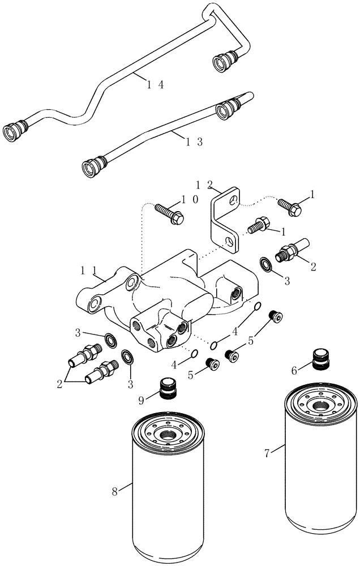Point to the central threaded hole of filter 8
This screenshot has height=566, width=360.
click(x=169, y=436)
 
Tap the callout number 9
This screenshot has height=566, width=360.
click(x=142, y=400)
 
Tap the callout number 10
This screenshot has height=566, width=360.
click(x=189, y=200)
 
